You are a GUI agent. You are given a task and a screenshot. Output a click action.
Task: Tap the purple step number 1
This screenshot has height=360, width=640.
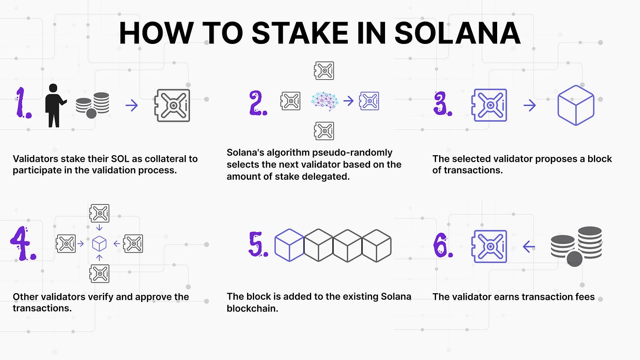coord(22,103)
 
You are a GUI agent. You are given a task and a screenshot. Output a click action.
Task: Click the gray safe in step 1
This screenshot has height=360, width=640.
coord(173,105)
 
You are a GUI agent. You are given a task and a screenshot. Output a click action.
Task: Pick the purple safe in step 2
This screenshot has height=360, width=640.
coord(369,101)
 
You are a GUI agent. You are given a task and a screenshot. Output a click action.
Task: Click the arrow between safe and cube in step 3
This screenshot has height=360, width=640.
coord(530,105)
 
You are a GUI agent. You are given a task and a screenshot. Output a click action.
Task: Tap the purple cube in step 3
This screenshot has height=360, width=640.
coord(576,105)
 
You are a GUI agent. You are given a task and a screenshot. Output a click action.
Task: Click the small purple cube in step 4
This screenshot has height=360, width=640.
coord(99,244)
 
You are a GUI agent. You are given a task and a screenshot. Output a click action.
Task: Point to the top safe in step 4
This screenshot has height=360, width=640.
coord(99,213)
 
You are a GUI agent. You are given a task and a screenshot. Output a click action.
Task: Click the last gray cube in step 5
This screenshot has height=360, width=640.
coord(377,245)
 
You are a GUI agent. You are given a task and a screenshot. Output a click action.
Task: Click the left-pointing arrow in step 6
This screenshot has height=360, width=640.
coord(529,247)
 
